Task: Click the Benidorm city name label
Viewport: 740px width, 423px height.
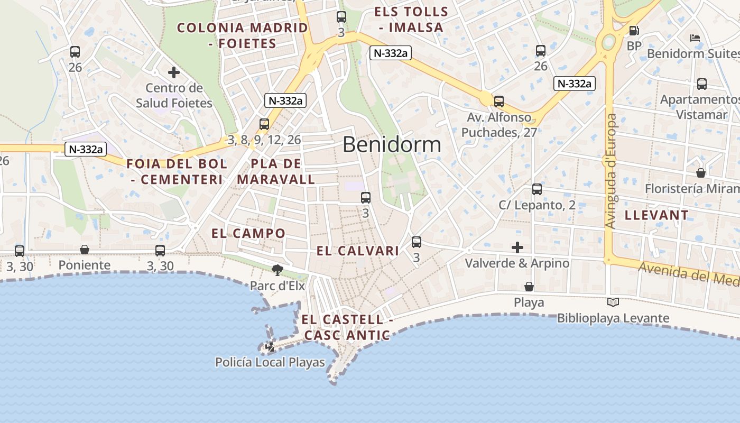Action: click(x=392, y=144)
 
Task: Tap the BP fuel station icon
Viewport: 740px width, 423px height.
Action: click(x=634, y=31)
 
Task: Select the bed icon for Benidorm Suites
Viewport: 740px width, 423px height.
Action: click(x=695, y=38)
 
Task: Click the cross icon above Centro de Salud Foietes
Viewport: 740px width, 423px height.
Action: click(x=174, y=72)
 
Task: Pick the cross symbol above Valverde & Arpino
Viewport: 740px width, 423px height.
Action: click(x=517, y=247)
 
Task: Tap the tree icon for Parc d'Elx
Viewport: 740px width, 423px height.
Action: click(x=277, y=270)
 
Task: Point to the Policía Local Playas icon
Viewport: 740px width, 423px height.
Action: click(x=270, y=347)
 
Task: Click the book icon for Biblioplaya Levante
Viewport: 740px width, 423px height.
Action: click(x=613, y=302)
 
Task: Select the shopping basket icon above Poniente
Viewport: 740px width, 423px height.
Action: click(x=85, y=250)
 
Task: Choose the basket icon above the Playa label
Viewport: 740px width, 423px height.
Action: click(x=529, y=287)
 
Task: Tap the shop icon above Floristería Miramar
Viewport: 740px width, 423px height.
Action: click(x=701, y=173)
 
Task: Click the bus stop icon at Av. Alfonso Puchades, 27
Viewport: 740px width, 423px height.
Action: click(x=499, y=102)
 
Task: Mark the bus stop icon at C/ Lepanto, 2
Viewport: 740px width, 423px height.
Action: click(x=537, y=189)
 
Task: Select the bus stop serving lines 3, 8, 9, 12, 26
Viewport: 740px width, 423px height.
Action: click(x=264, y=124)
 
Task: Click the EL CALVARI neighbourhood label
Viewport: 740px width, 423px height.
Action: click(x=358, y=251)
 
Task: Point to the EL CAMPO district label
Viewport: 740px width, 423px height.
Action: click(x=248, y=233)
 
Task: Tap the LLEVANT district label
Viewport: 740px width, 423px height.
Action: click(x=656, y=215)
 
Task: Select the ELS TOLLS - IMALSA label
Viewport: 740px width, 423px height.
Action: click(x=411, y=20)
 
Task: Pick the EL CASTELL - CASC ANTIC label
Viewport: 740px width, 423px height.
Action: click(x=347, y=327)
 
